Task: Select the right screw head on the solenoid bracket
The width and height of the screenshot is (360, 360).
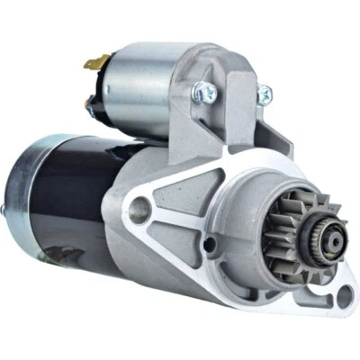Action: pyautogui.click(x=265, y=93)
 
